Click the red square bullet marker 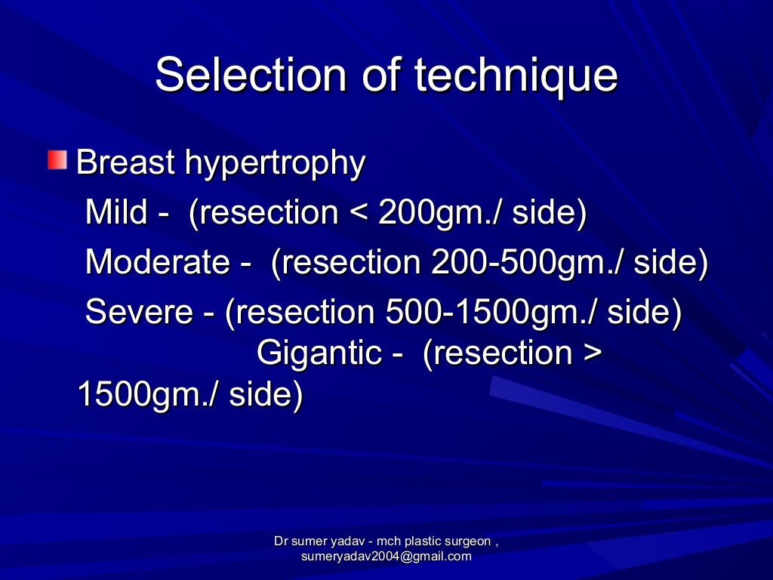[x=57, y=160]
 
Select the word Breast [x=126, y=162]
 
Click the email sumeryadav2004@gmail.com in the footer [x=386, y=557]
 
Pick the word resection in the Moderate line [x=346, y=262]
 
